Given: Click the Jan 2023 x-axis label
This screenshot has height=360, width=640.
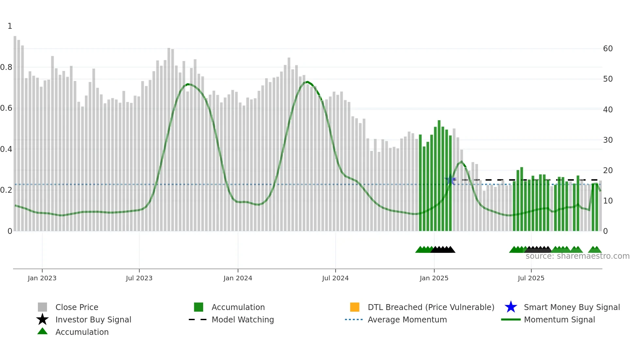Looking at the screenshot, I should pos(42,278).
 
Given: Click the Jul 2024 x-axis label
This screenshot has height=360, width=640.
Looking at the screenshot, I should pos(335,278).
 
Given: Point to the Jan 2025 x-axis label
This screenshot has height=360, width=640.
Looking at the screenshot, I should pos(434,278).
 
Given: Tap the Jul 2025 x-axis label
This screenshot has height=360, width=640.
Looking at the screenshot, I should pos(531,278).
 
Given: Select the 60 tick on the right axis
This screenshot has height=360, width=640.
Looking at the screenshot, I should pos(608,49).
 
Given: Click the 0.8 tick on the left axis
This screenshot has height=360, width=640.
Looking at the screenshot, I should pos(7,67).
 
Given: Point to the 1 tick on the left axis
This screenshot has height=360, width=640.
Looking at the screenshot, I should pos(10,26).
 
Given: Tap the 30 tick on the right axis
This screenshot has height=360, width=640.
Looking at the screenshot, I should pos(608,140).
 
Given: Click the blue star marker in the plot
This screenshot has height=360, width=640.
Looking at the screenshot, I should pos(451,180).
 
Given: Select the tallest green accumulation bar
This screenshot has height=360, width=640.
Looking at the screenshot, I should pos(439,176).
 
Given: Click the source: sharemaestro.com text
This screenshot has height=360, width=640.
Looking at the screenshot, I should pos(577,256).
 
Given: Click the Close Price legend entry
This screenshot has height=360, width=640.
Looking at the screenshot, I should pos(77,307).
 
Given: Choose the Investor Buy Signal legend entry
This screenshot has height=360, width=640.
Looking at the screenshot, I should pos(93,319).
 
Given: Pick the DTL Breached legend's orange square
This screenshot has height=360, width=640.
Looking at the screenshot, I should pos(355,307).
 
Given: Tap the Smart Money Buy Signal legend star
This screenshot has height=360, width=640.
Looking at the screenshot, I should pos(511,307).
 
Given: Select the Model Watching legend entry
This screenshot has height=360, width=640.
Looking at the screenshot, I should pos(243,319).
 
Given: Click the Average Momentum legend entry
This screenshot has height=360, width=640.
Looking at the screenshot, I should pos(407,319).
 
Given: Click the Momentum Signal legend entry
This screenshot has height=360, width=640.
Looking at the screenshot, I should pos(559,319).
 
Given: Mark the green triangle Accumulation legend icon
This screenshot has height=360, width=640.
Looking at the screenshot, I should pos(42,332).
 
